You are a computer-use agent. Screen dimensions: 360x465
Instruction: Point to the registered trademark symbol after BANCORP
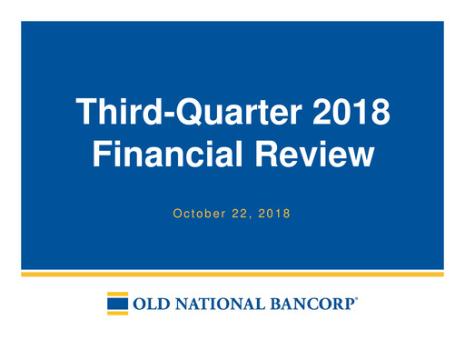click(357, 298)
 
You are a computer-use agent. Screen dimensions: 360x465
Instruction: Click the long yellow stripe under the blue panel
click(232, 273)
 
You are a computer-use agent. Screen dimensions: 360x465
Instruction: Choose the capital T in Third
click(85, 115)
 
